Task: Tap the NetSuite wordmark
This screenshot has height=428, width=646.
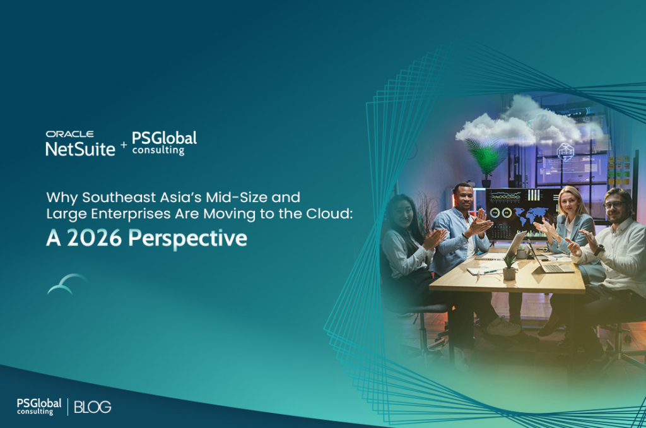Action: click(x=80, y=148)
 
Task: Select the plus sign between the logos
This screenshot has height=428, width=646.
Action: click(x=124, y=145)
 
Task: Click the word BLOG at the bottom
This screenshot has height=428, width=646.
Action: click(x=93, y=407)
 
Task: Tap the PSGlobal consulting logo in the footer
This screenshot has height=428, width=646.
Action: click(x=39, y=406)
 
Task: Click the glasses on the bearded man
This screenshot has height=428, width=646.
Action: click(x=613, y=205)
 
